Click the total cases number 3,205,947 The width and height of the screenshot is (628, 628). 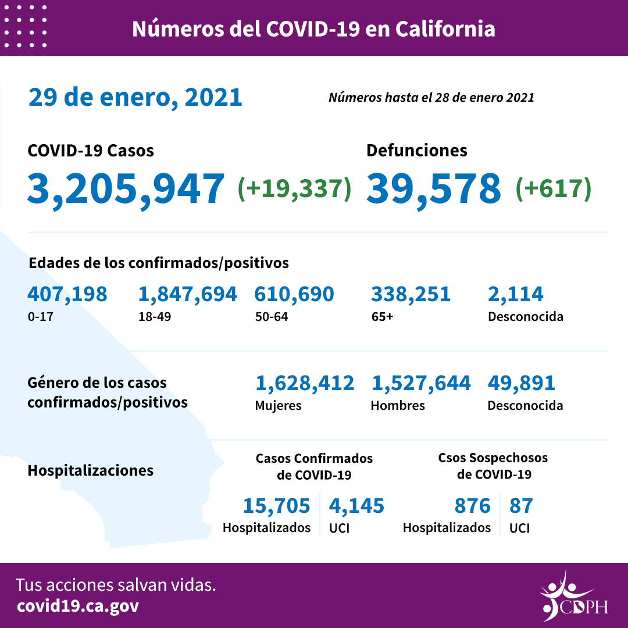pyautogui.click(x=126, y=188)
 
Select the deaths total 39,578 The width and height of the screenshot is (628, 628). pyautogui.click(x=434, y=188)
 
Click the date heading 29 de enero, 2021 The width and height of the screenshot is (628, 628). pyautogui.click(x=135, y=97)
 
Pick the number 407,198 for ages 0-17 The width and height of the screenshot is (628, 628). pyautogui.click(x=67, y=294)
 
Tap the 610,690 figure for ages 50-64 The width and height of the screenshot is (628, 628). pyautogui.click(x=294, y=294)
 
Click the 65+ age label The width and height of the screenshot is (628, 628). pyautogui.click(x=382, y=317)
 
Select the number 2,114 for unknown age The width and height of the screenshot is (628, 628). pyautogui.click(x=516, y=294)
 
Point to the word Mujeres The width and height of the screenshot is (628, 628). pyautogui.click(x=278, y=405)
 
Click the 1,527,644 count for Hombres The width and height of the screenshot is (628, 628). pyautogui.click(x=420, y=383)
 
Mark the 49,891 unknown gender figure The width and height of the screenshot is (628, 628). pyautogui.click(x=522, y=383)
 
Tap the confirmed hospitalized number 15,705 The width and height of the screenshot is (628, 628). pyautogui.click(x=276, y=506)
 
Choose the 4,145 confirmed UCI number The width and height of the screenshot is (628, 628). pyautogui.click(x=356, y=506)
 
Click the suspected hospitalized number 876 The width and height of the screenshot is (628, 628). pyautogui.click(x=473, y=506)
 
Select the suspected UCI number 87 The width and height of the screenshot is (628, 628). pyautogui.click(x=520, y=506)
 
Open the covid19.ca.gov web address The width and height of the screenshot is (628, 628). pyautogui.click(x=78, y=606)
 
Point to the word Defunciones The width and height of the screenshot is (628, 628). pyautogui.click(x=416, y=151)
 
